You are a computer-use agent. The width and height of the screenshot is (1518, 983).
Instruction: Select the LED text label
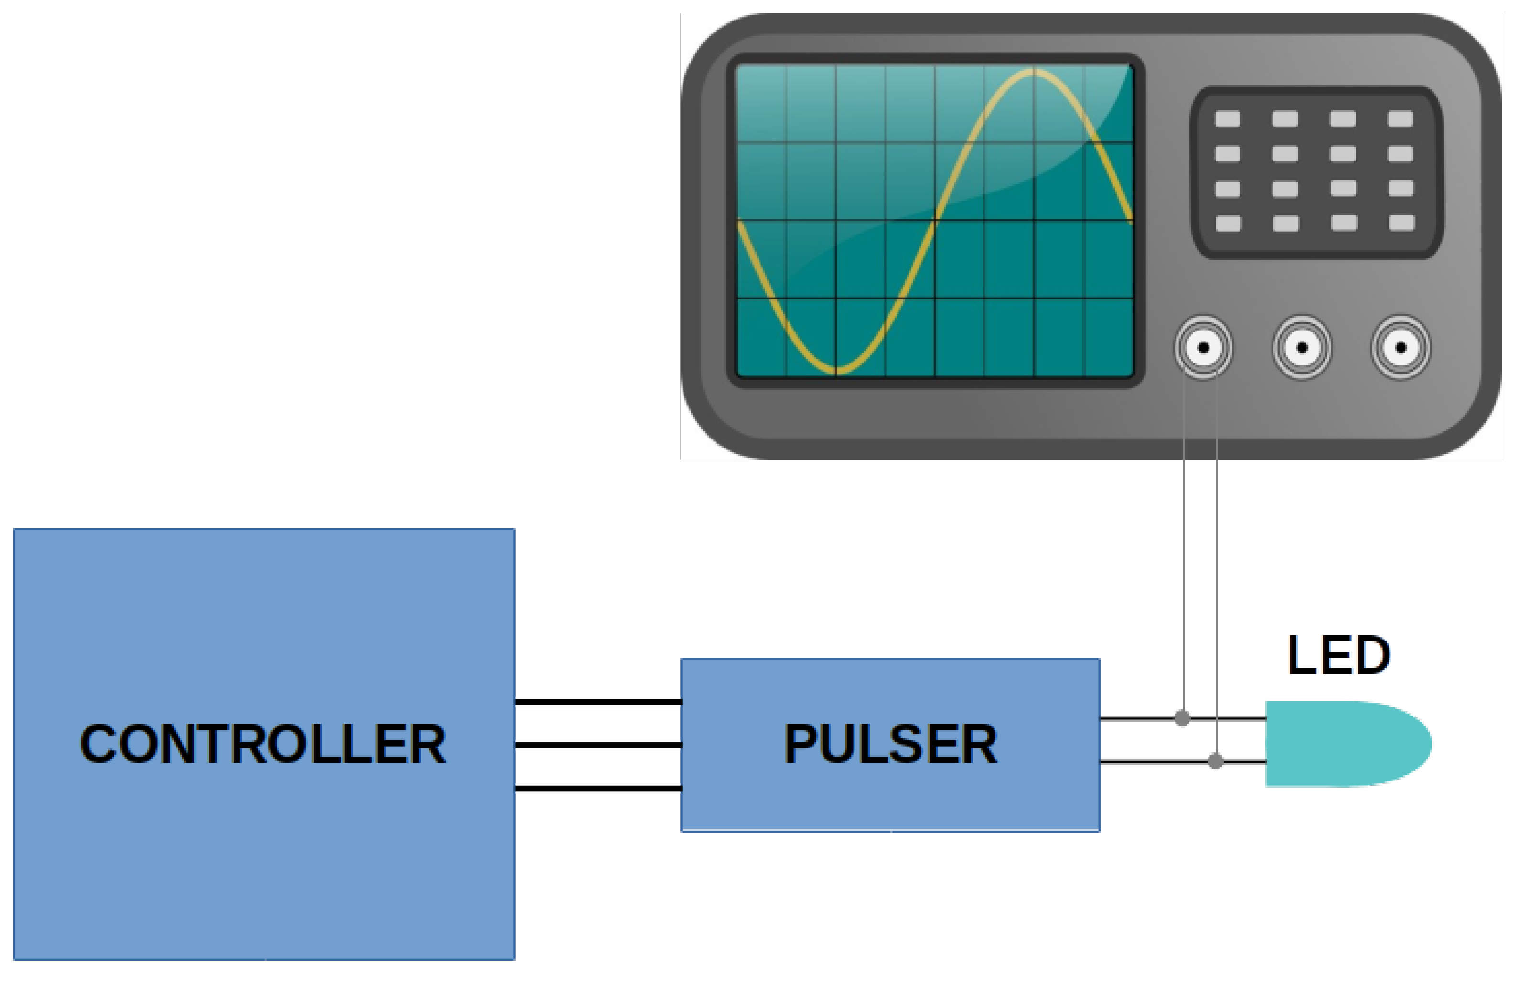[1338, 655]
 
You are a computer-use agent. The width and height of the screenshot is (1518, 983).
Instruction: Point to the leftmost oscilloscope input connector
[1204, 348]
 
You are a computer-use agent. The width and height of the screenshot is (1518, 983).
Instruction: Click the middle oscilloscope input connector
[1303, 348]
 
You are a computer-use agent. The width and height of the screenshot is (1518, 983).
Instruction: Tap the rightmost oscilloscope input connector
[1401, 348]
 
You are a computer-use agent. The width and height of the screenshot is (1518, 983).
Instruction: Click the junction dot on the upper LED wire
[1182, 718]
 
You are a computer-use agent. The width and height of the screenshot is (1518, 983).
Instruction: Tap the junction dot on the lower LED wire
[1216, 761]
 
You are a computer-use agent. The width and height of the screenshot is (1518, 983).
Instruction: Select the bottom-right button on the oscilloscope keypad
[1401, 223]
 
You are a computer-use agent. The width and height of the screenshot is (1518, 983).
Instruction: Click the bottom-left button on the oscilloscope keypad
[1229, 223]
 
